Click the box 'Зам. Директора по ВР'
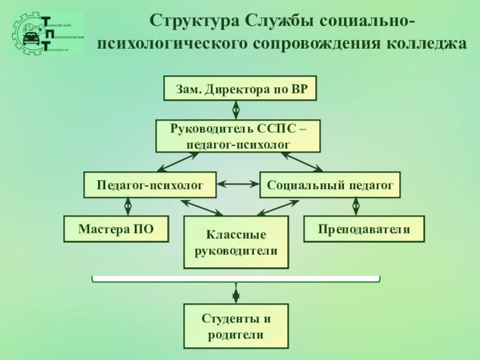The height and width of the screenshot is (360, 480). [240, 89]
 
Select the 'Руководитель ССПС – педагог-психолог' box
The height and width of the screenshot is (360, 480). [238, 136]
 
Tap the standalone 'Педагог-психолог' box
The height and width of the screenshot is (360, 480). [149, 185]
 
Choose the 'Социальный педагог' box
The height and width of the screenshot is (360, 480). [329, 185]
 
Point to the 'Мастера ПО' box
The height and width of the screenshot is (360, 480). [116, 229]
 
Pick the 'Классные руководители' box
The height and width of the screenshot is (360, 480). [236, 242]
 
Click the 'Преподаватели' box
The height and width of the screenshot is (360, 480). [364, 229]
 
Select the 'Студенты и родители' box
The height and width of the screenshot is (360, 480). [236, 326]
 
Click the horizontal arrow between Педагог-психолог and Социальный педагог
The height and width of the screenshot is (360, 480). [238, 185]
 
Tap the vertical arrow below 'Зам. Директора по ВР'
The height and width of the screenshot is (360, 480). [236, 110]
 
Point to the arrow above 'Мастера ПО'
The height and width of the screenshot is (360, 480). [128, 207]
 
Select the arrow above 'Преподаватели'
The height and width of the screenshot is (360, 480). [356, 207]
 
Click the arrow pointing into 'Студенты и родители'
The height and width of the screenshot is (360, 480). [236, 294]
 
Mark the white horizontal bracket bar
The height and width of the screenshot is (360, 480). [236, 279]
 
